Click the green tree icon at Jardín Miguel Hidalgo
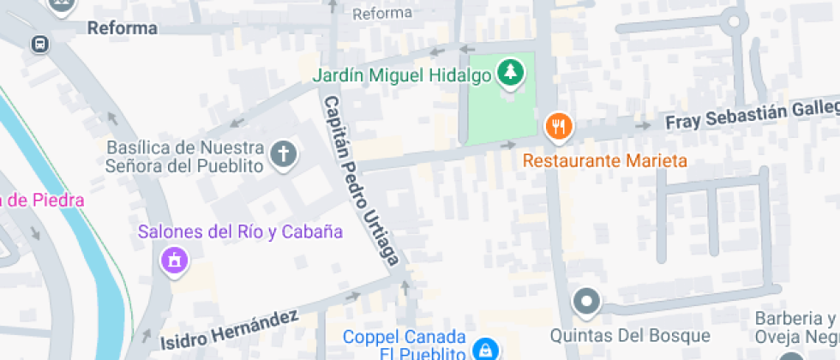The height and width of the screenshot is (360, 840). tap(511, 74)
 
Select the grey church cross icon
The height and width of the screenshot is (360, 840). tap(283, 155)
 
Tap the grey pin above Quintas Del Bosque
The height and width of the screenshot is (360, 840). tap(587, 302)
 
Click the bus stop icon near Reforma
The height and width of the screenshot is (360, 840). tap(39, 44)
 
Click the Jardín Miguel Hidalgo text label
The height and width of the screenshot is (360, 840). tap(402, 75)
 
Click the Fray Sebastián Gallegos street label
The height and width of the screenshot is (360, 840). tap(753, 116)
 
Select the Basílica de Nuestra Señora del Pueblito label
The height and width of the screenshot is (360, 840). tap(184, 156)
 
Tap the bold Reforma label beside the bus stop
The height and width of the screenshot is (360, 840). tap(123, 28)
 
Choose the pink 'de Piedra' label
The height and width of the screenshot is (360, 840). tap(43, 201)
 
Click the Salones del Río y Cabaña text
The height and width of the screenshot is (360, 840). tap(241, 231)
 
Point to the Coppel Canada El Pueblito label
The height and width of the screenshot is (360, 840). tap(405, 345)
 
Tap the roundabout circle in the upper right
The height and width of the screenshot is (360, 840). tap(735, 22)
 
